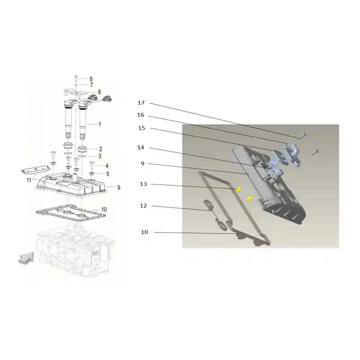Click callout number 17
(141, 103)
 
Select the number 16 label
(141, 115)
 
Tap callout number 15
(142, 128)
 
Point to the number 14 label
(141, 148)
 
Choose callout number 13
(144, 184)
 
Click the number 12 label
(144, 206)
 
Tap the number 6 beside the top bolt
(91, 79)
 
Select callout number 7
(91, 85)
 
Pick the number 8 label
(99, 92)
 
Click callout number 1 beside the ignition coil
(99, 125)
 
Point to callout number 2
(100, 149)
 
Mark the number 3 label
(100, 156)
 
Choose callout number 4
(107, 166)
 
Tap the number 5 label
(108, 174)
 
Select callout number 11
(29, 180)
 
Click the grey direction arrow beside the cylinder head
(26, 258)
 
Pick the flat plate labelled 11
(36, 169)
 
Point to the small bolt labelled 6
(76, 78)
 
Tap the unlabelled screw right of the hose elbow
(315, 152)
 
